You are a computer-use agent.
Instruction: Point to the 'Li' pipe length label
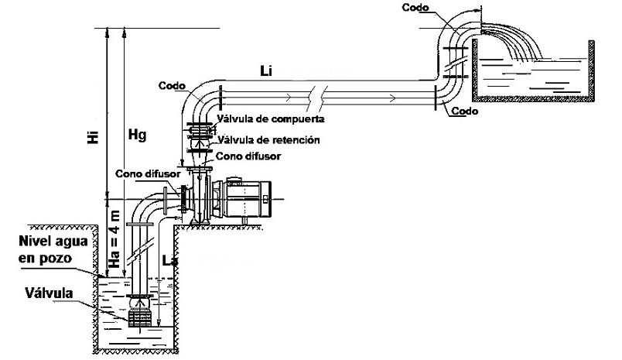(265, 71)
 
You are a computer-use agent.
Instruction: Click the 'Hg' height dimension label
(136, 134)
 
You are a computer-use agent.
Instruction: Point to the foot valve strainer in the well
(141, 317)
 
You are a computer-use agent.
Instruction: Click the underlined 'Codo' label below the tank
(465, 111)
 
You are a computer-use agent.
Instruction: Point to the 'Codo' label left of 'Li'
(170, 85)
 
